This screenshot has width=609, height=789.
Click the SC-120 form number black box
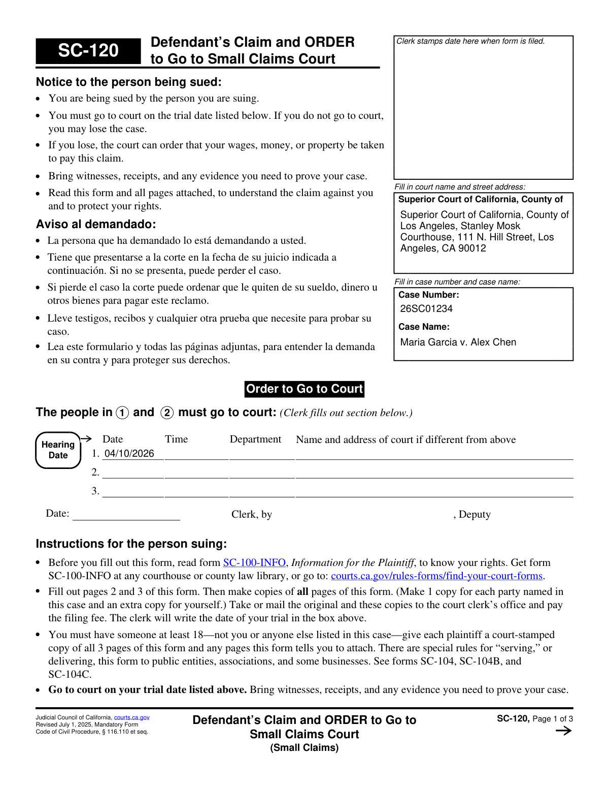pos(88,51)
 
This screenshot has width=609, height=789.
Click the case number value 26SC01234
pos(426,309)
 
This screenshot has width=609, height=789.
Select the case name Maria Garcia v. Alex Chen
pos(458,342)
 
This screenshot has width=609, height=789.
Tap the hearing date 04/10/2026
pos(129,454)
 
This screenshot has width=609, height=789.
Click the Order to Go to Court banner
pos(304,389)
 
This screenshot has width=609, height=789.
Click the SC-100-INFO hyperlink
pos(254,563)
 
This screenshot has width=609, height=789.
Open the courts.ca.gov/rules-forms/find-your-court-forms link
pos(436,576)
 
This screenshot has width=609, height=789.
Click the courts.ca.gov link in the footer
pos(131,717)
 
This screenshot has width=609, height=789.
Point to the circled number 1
pos(122,413)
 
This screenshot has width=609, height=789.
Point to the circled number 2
pos(167,413)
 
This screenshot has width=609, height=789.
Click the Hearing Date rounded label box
pos(58,450)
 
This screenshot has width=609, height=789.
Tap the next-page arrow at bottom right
pos(563,731)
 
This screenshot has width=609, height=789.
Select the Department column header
pos(255,439)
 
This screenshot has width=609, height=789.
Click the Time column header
pos(176,439)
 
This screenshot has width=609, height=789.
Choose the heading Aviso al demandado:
pos(96,225)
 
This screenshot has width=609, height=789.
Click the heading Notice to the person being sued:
pos(128,82)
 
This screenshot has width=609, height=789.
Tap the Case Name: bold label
pos(424,327)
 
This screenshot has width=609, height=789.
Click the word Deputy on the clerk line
pos(475,515)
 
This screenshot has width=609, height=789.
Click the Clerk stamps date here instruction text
pos(470,41)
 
